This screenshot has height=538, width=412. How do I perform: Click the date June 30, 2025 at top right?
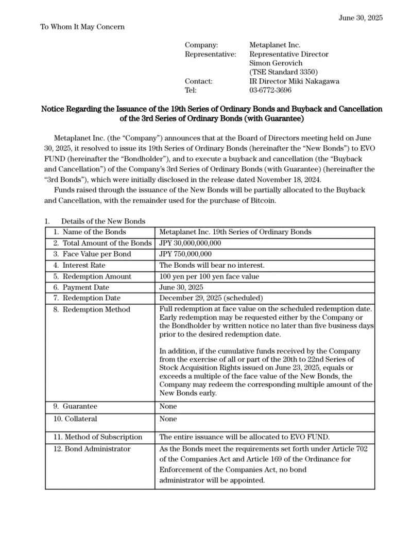coord(360,18)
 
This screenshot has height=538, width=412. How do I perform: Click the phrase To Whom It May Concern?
coord(82,27)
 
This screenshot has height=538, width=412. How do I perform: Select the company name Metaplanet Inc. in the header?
coord(275,45)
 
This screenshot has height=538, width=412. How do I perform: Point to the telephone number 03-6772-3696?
coord(270,90)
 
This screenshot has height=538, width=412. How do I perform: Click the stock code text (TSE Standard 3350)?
coord(284,72)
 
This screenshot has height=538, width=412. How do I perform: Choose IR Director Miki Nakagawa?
coord(294,81)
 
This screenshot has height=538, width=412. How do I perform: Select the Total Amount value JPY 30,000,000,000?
coord(190,243)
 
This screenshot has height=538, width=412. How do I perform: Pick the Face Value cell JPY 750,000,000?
coord(185,254)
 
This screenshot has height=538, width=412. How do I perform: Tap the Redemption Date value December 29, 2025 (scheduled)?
coord(211,298)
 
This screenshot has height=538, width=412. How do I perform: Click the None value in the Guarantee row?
coord(168,407)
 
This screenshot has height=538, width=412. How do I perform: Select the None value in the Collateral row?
coord(168,419)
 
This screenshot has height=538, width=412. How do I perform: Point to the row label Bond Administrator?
coord(97,449)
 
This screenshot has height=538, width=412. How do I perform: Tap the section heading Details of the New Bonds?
coord(103,221)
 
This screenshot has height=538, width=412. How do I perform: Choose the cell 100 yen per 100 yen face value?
coord(209,276)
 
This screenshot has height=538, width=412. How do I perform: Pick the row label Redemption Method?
coord(96,309)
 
